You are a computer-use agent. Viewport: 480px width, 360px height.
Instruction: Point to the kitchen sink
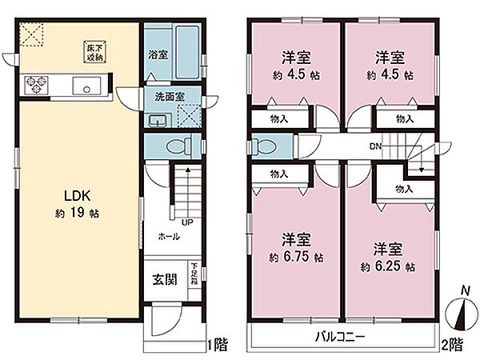click(84, 86)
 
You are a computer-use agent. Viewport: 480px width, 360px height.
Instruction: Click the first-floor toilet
click(178, 146)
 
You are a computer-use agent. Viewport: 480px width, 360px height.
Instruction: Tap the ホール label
click(169, 238)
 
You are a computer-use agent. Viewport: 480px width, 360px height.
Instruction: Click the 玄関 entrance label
click(164, 281)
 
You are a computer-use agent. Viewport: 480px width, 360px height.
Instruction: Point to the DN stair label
click(374, 146)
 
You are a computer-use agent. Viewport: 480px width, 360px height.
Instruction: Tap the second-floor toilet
click(261, 147)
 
